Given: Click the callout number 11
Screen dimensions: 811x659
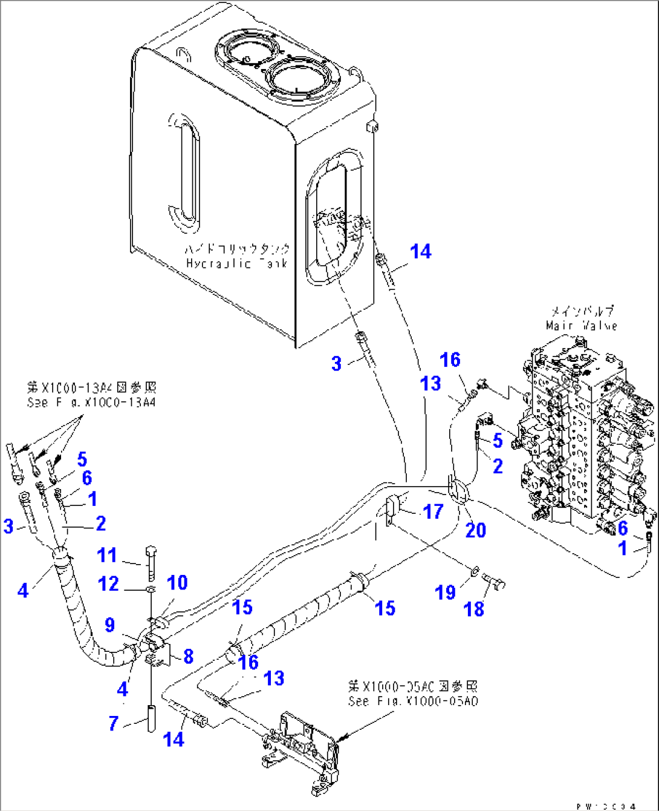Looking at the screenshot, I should (107, 555).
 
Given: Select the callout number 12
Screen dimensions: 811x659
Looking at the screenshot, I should (108, 583).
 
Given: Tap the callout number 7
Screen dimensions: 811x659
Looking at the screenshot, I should (113, 723).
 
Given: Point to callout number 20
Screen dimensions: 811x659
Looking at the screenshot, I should (475, 530).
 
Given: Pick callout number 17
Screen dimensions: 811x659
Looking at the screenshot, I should (433, 511).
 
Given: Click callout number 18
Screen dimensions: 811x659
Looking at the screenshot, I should (474, 609).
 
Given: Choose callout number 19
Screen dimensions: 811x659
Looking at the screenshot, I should (446, 592).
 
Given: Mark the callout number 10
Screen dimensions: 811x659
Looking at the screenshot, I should (177, 583).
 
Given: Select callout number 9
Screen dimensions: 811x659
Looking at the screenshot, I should (109, 625).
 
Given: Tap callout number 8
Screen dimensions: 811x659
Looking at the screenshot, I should (188, 656).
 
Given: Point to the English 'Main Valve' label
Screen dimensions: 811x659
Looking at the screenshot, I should (581, 326).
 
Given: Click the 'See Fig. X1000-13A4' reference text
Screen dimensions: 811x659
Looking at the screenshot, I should (91, 402).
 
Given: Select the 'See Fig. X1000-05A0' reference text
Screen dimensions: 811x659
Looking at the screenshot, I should (413, 701).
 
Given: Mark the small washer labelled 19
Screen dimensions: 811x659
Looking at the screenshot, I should (475, 570).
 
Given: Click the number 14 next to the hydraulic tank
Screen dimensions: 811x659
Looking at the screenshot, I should (421, 251).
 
